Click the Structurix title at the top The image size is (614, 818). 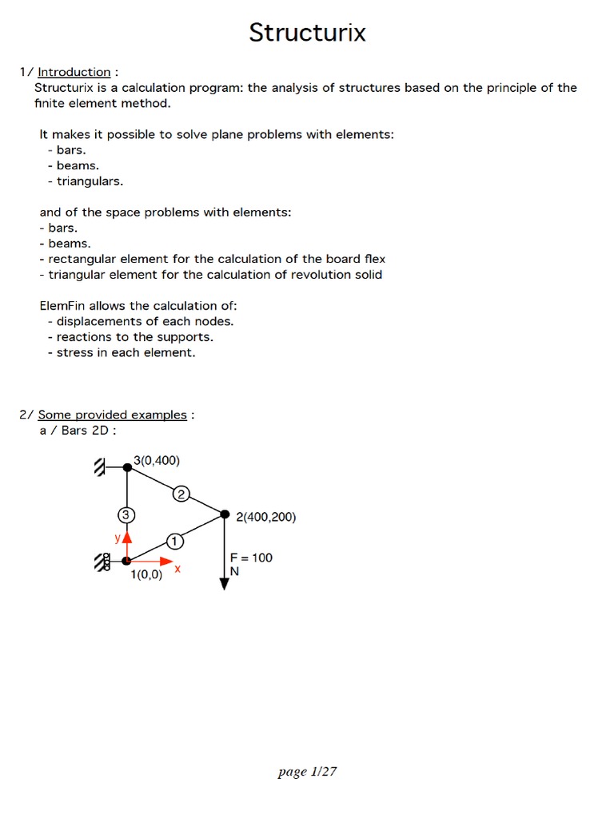[x=307, y=33]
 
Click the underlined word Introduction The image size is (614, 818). [x=74, y=72]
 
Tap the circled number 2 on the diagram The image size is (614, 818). [x=181, y=494]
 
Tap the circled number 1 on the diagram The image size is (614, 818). [x=174, y=542]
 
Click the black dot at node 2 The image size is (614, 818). [x=225, y=514]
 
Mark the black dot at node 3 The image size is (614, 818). [x=127, y=467]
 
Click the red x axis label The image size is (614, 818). [x=177, y=570]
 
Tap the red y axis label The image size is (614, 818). [x=118, y=538]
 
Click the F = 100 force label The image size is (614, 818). [x=251, y=558]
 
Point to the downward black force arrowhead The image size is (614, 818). [x=225, y=584]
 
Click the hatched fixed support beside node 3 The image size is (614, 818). [x=101, y=467]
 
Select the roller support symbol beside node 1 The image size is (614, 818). [x=102, y=563]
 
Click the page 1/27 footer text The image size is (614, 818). [x=307, y=772]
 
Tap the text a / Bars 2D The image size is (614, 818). [x=78, y=431]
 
